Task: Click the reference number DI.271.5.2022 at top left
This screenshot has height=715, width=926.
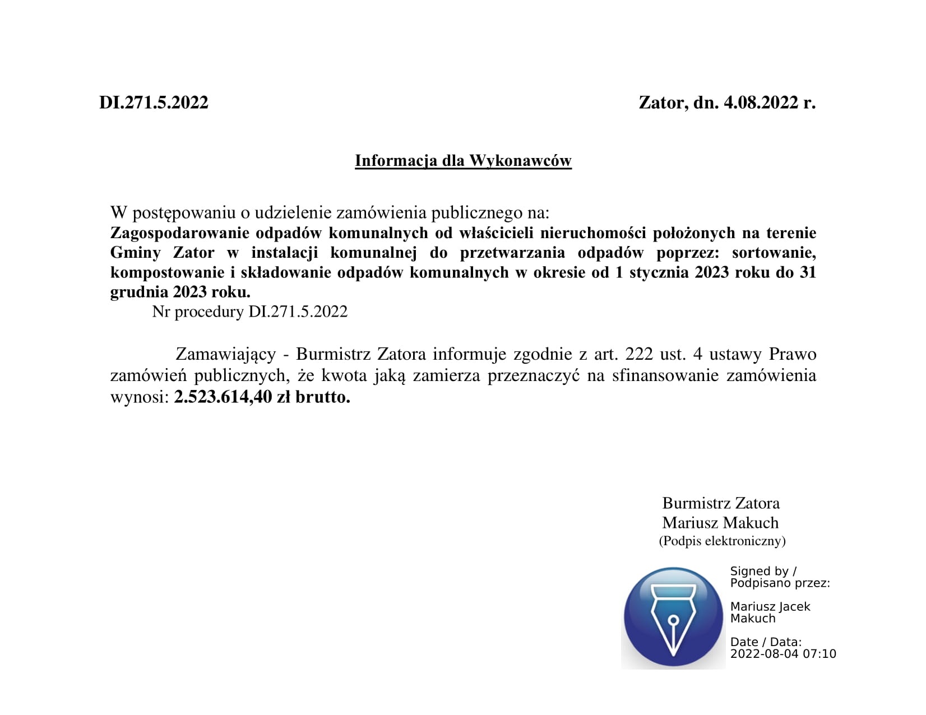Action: click(154, 103)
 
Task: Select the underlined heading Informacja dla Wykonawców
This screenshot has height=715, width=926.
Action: click(463, 161)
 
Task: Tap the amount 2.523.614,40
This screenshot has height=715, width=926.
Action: click(223, 397)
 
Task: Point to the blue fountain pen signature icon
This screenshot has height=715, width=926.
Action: click(673, 617)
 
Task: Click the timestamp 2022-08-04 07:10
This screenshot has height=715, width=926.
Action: click(783, 654)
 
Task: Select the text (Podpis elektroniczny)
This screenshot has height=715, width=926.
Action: click(722, 541)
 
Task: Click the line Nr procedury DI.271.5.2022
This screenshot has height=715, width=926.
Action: click(250, 312)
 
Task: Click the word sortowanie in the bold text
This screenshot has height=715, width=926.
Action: click(774, 253)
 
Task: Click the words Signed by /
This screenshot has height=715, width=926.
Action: click(763, 571)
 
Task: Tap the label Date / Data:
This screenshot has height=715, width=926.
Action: click(766, 642)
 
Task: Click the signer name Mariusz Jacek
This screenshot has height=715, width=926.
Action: click(770, 606)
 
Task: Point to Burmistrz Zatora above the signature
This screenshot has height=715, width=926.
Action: click(721, 503)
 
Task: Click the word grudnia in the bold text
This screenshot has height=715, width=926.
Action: click(138, 292)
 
